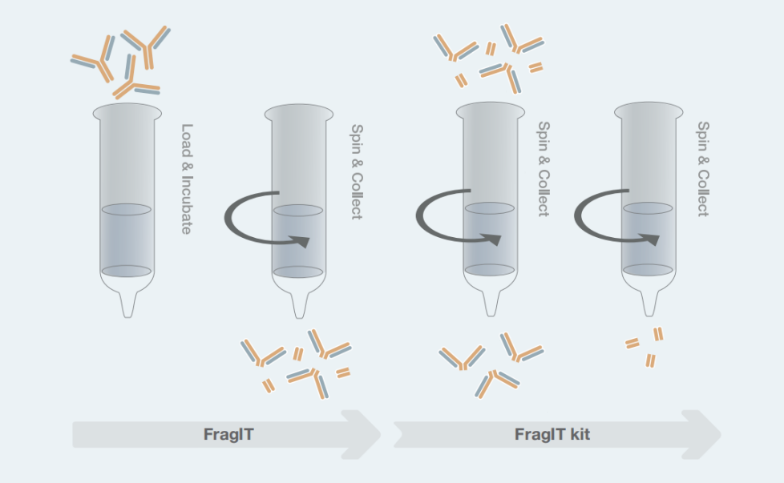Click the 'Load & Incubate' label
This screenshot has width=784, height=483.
[187, 179]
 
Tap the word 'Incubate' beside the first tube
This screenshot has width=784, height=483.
[187, 205]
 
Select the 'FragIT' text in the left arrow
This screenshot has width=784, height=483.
[228, 434]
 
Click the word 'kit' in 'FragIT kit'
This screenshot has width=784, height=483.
[580, 434]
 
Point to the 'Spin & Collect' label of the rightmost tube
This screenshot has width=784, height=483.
[703, 169]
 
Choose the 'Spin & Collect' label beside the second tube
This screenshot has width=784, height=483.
[357, 171]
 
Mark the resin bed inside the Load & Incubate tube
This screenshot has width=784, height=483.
[127, 240]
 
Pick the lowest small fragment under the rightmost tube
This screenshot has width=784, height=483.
[650, 360]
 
